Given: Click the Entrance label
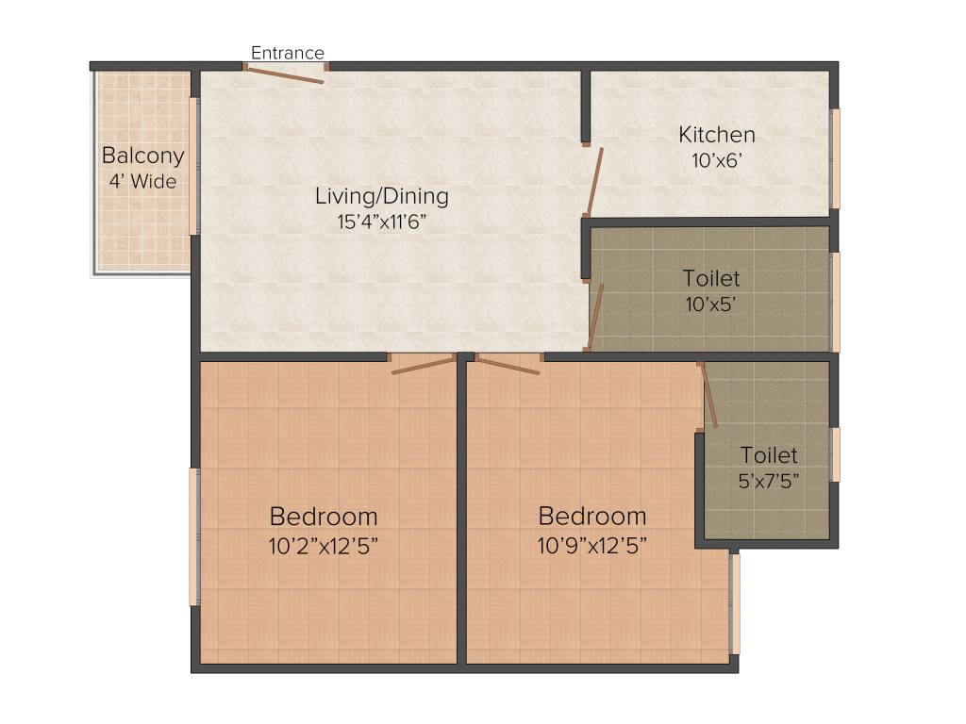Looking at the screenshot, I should click(x=287, y=53).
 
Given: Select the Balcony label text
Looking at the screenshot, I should click(x=143, y=156).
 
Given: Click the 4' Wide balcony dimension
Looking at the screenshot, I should click(x=142, y=181).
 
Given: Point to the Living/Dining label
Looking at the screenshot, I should click(x=381, y=197).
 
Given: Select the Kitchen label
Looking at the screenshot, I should click(x=717, y=135).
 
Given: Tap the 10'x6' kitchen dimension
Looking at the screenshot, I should click(x=718, y=160).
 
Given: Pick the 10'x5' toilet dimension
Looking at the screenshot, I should click(x=711, y=304).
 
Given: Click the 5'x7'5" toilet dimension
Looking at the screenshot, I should click(x=769, y=480).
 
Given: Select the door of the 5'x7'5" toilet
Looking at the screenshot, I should click(x=708, y=396).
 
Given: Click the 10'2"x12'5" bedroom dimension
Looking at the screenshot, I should click(x=325, y=544).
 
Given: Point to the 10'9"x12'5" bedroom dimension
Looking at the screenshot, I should click(x=592, y=544).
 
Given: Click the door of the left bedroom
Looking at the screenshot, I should click(x=424, y=365).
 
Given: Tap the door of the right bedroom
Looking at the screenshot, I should click(x=508, y=365).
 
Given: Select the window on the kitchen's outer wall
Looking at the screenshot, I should click(x=834, y=158).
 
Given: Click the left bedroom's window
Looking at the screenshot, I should click(x=195, y=536).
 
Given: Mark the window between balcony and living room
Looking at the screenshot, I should click(x=195, y=165).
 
